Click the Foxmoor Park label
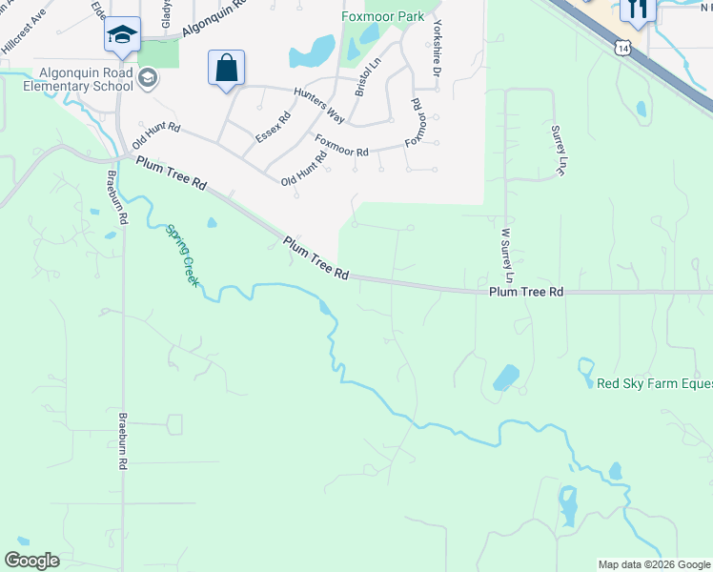coord(382,16)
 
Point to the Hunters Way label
coord(318,102)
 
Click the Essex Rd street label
coord(273,130)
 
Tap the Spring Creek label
coord(183,255)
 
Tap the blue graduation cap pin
coord(121,36)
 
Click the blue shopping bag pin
coord(226,69)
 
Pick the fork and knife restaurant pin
coord(638,10)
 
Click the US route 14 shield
coord(622,47)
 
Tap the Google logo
coord(31,561)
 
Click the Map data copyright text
coord(654,564)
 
